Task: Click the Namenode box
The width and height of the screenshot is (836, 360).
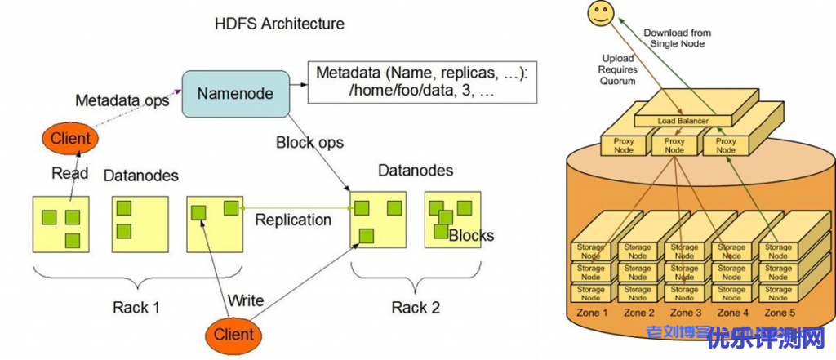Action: pos(234,94)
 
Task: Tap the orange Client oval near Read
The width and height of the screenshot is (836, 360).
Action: pos(70,139)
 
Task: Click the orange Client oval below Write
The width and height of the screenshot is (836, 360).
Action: pos(233,333)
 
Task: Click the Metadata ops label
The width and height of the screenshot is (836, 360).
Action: pos(122,100)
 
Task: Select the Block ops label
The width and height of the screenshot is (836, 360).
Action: pos(309,142)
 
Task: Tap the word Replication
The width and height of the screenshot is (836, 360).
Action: pos(293,220)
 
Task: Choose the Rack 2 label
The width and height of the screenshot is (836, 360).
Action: pos(416,307)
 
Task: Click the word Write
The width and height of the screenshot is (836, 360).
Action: pos(246,300)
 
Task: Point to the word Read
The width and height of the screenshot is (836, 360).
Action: pos(70,173)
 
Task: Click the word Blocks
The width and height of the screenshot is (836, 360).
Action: pos(471,236)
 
